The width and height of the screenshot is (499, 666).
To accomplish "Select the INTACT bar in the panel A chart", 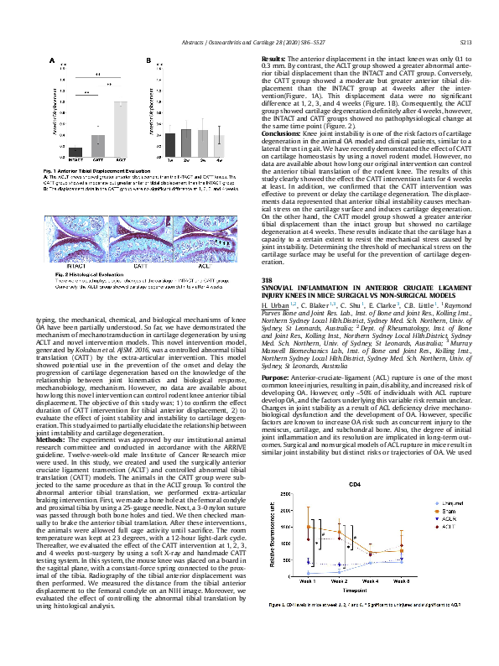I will pyautogui.click(x=76, y=153).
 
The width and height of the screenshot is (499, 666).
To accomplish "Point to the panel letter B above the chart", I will pyautogui.click(x=148, y=61).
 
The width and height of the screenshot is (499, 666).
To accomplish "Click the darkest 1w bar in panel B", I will pyautogui.click(x=169, y=142).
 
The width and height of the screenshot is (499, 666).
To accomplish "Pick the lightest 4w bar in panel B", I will pyautogui.click(x=219, y=143).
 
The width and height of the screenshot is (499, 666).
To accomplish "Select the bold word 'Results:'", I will pyautogui.click(x=273, y=55).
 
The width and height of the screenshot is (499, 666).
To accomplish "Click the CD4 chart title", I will pyautogui.click(x=355, y=485).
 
